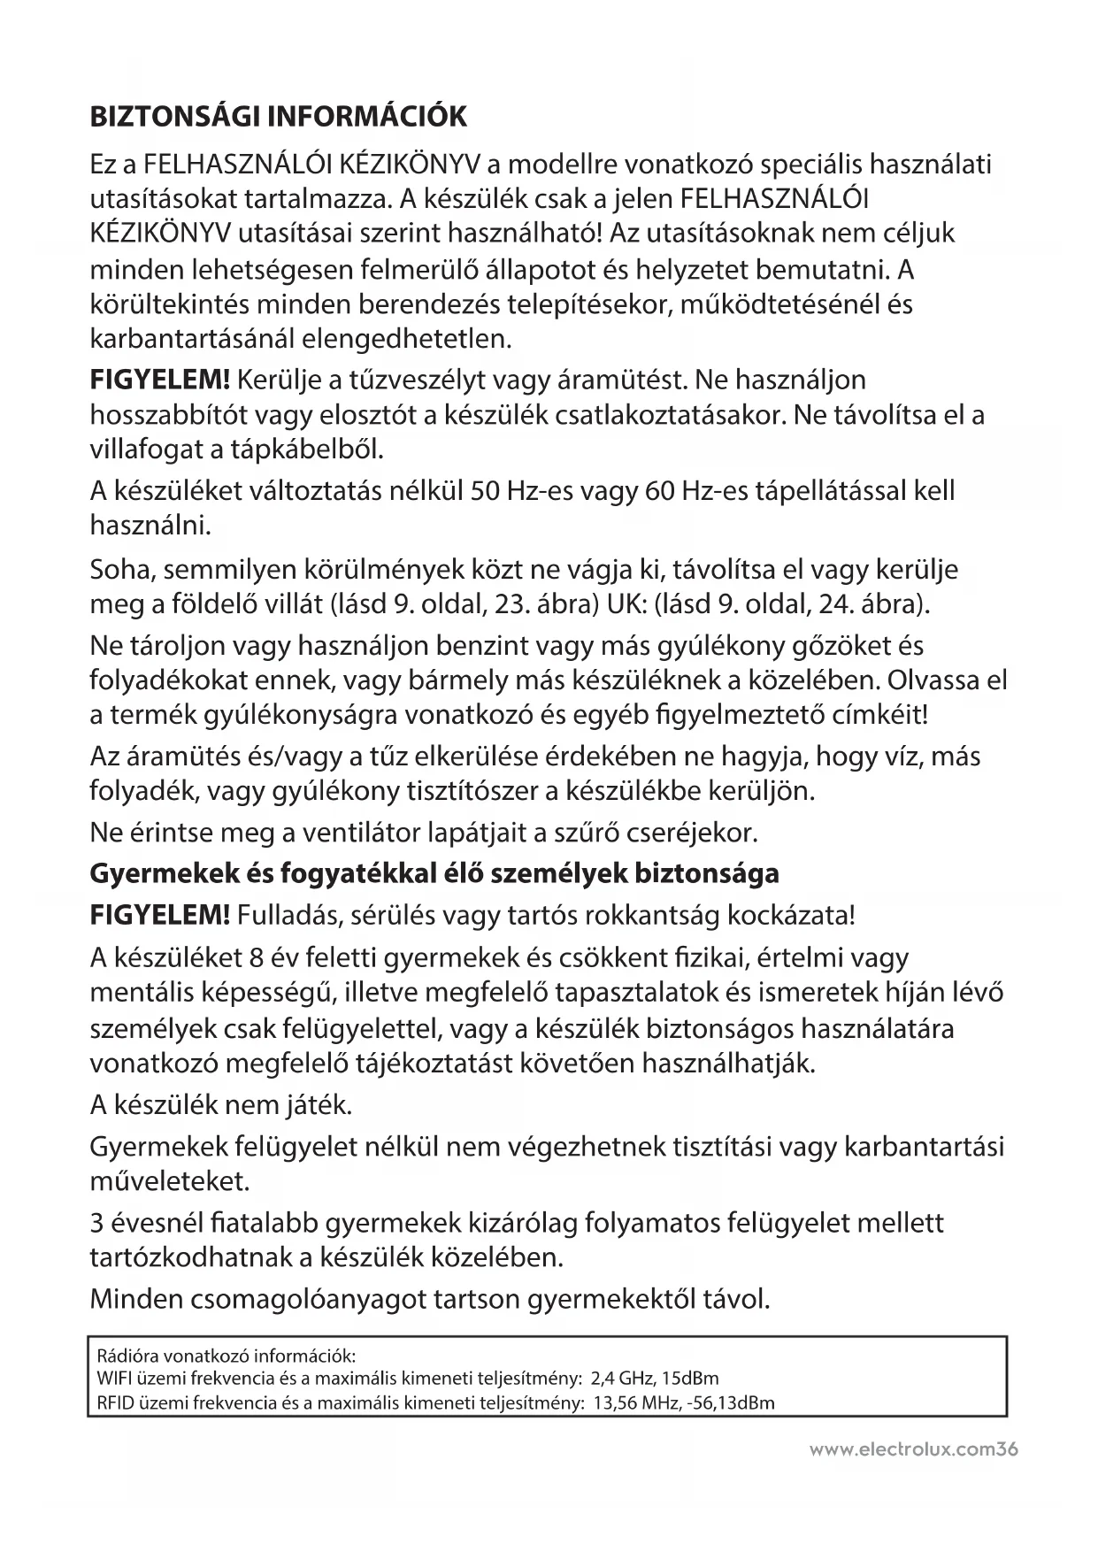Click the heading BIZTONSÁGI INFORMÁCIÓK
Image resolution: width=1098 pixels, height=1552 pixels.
click(x=278, y=117)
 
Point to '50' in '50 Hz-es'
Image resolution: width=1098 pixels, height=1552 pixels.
click(x=485, y=490)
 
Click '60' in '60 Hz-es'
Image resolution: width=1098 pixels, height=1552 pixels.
click(x=659, y=490)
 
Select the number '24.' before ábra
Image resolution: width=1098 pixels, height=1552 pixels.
click(x=832, y=605)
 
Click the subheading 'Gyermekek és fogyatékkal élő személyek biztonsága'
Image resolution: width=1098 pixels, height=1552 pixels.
click(x=434, y=874)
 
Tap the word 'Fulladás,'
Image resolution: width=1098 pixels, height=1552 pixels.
click(x=289, y=915)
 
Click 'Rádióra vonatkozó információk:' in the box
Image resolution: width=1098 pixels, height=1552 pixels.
click(x=226, y=1356)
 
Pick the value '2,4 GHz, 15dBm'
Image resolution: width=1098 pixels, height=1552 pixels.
click(x=654, y=1379)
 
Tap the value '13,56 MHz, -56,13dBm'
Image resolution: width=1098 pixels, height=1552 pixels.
click(x=685, y=1402)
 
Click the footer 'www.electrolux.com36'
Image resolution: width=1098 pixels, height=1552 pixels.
click(x=913, y=1450)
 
